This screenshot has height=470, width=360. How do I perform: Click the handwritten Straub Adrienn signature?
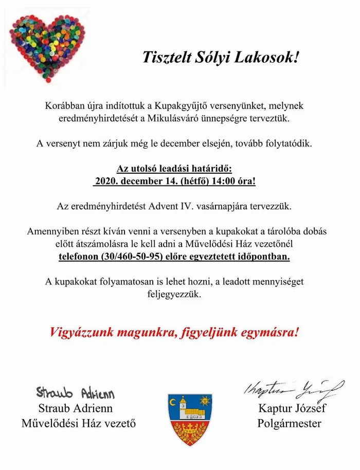[75, 393]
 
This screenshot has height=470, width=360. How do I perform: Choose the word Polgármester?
[290, 424]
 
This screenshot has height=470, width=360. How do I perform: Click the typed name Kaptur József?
[290, 410]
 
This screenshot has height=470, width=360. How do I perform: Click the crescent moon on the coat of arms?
[173, 401]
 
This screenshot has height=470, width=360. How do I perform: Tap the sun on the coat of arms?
[205, 400]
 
